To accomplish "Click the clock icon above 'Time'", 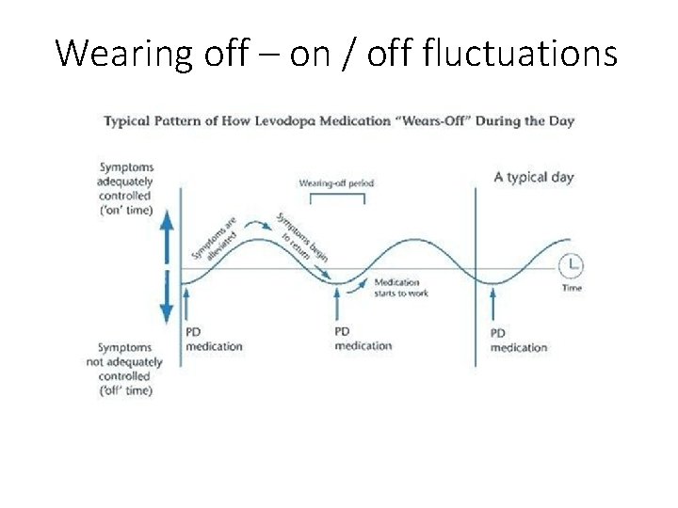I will [572, 264].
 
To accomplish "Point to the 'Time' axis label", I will [572, 288].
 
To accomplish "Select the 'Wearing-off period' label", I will [336, 183].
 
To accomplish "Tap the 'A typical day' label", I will [534, 177].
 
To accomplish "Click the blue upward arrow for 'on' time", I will [166, 235].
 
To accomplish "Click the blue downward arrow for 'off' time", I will [166, 302].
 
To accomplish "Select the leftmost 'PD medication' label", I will [214, 339].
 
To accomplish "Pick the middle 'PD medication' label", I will [363, 339].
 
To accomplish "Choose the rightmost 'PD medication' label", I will [518, 341].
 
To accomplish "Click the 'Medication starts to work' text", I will [403, 288].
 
